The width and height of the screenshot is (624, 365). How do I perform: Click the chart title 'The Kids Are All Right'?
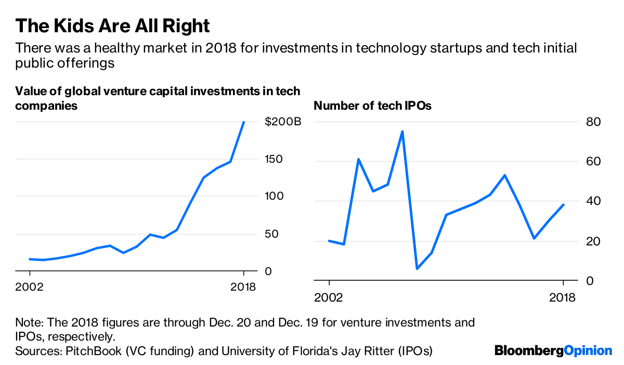(x=113, y=25)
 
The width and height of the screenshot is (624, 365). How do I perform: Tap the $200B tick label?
(x=282, y=122)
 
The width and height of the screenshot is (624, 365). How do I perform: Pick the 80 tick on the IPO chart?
(x=594, y=122)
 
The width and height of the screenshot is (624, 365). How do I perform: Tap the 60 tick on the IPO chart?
(x=594, y=162)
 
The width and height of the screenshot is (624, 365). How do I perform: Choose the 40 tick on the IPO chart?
(x=594, y=201)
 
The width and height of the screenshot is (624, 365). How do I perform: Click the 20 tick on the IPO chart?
(x=594, y=241)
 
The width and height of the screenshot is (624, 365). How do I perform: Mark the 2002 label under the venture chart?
(x=30, y=286)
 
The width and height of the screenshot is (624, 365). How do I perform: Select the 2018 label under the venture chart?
(x=243, y=286)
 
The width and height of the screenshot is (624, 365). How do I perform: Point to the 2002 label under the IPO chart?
(x=329, y=297)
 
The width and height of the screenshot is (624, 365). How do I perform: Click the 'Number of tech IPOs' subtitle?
(x=373, y=106)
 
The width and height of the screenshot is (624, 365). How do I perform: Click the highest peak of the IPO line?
(x=402, y=132)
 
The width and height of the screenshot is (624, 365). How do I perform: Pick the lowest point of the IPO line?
(x=417, y=268)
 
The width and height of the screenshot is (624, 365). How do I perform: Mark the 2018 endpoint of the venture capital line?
(x=244, y=122)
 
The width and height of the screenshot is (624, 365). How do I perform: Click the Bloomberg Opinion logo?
(x=553, y=350)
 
